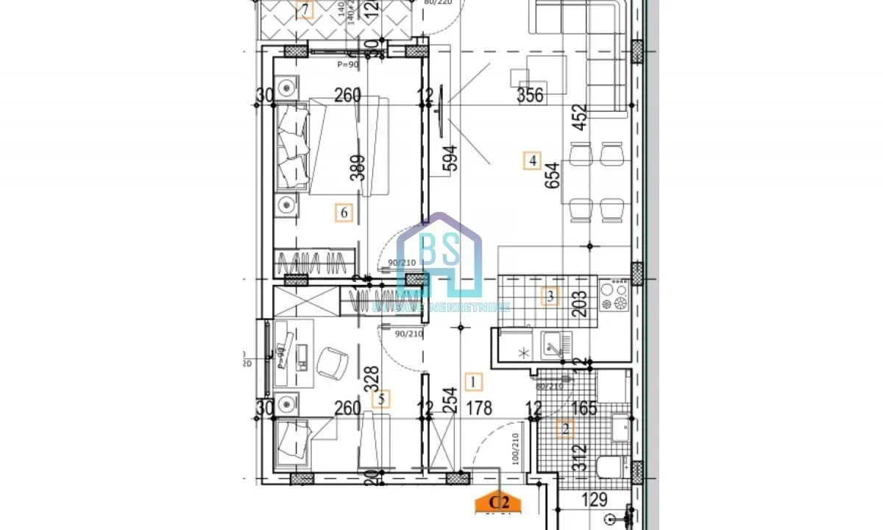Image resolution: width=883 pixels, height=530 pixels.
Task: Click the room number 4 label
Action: (x=532, y=160)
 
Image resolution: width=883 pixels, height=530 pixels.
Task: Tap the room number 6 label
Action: (x=343, y=213)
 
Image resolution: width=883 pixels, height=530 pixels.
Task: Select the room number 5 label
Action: (x=380, y=400)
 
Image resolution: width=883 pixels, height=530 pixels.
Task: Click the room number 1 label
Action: (x=474, y=381)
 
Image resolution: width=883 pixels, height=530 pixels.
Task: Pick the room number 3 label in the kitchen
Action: (x=549, y=297)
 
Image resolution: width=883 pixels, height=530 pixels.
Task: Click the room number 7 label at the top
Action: (x=305, y=10)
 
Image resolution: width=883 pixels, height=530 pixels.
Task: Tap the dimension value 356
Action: (x=529, y=95)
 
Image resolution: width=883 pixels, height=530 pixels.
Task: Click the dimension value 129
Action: (x=594, y=501)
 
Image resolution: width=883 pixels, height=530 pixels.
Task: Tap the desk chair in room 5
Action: (x=332, y=361)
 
